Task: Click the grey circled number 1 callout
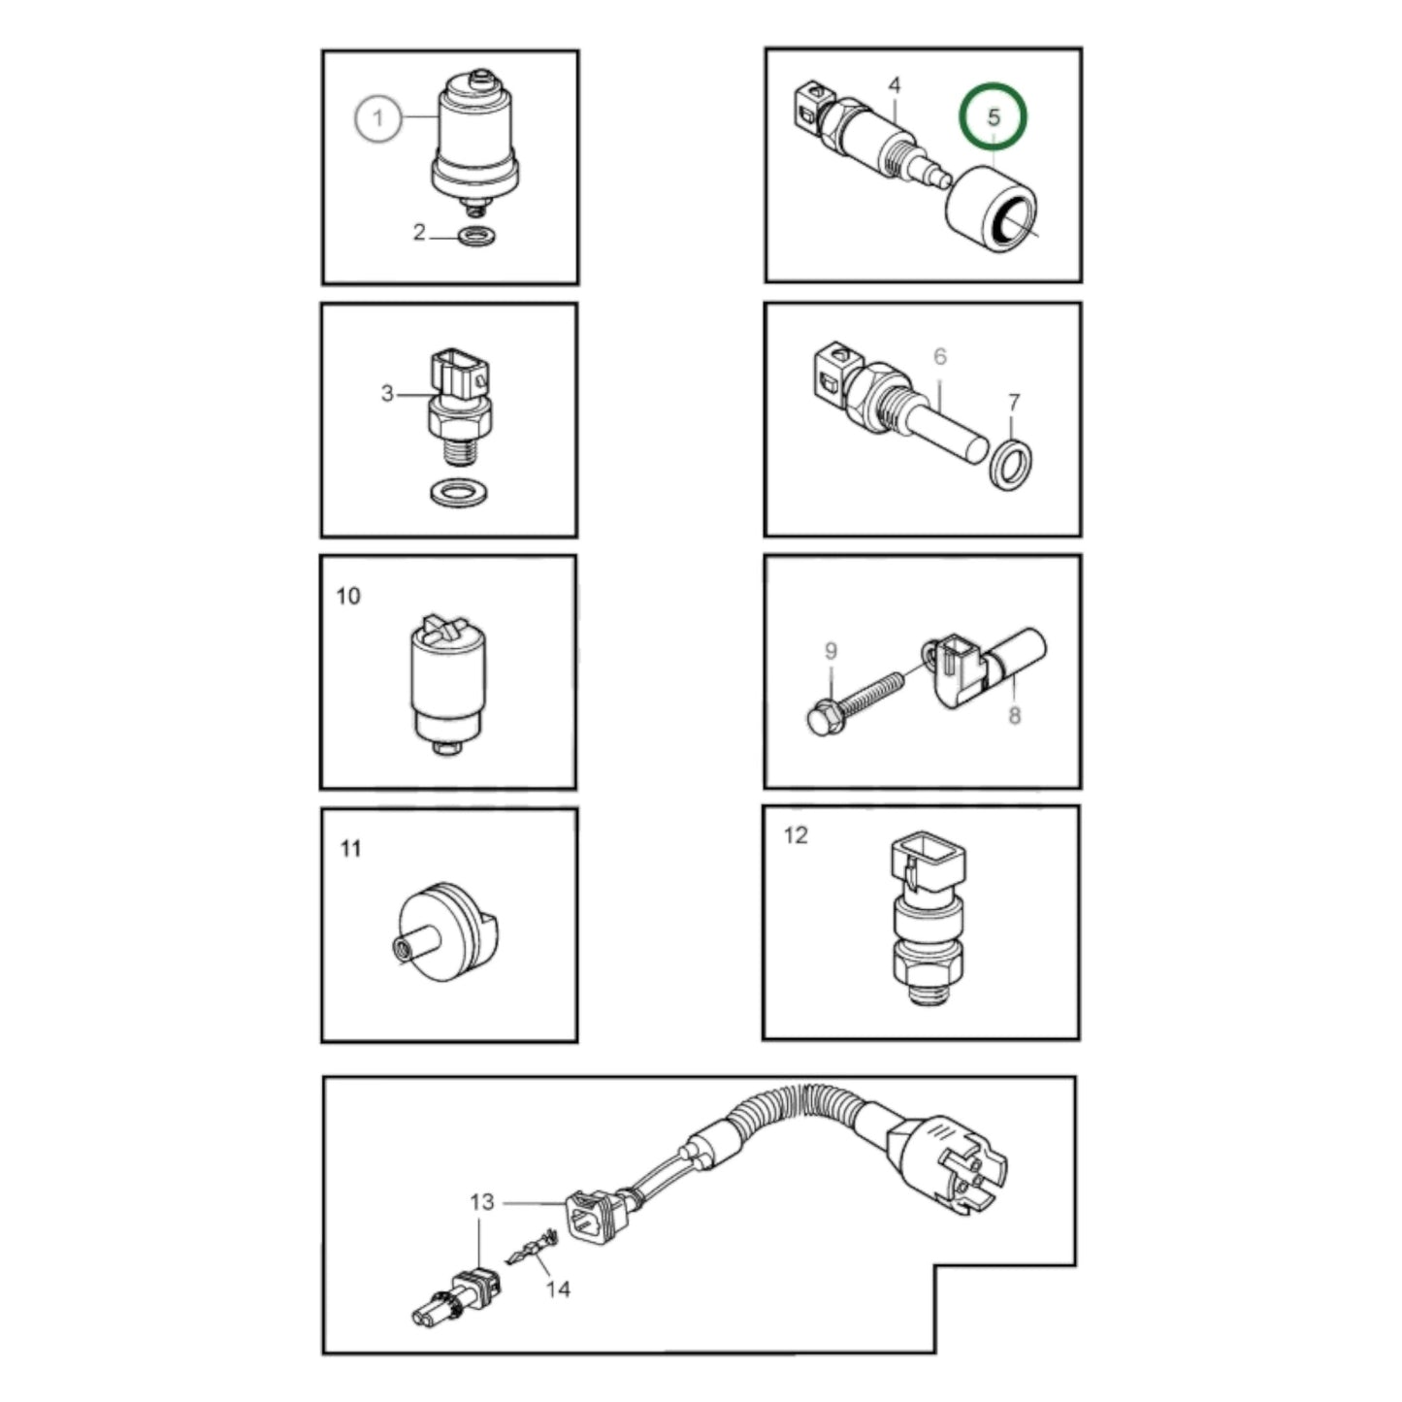point(378,118)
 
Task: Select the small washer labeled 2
point(474,236)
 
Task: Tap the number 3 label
point(387,393)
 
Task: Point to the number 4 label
point(894,85)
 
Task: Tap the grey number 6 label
point(939,357)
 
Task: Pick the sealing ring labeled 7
point(1011,466)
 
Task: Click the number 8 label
point(1014,716)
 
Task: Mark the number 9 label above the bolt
point(831,651)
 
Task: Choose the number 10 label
point(347,596)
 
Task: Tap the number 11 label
point(350,849)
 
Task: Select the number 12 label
point(795,835)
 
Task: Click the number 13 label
point(482,1202)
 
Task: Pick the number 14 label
point(557,1289)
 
